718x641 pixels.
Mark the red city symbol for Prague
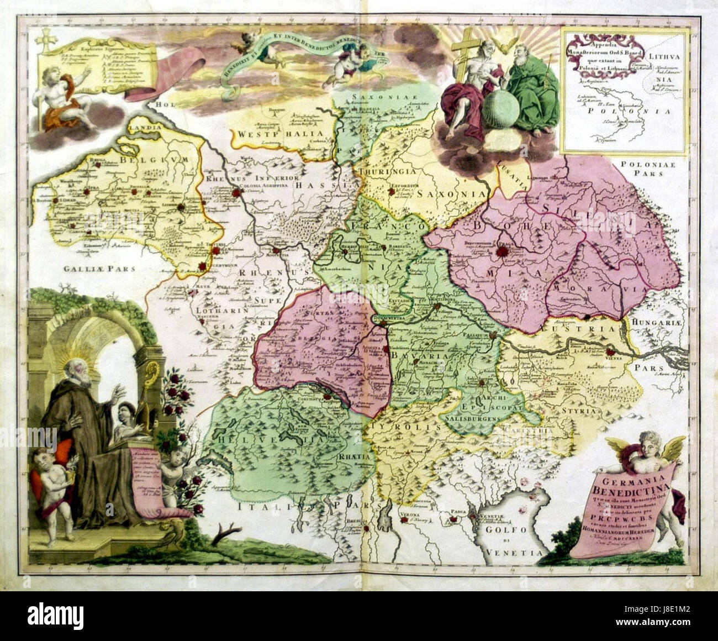503,253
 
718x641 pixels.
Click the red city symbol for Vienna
610,351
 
